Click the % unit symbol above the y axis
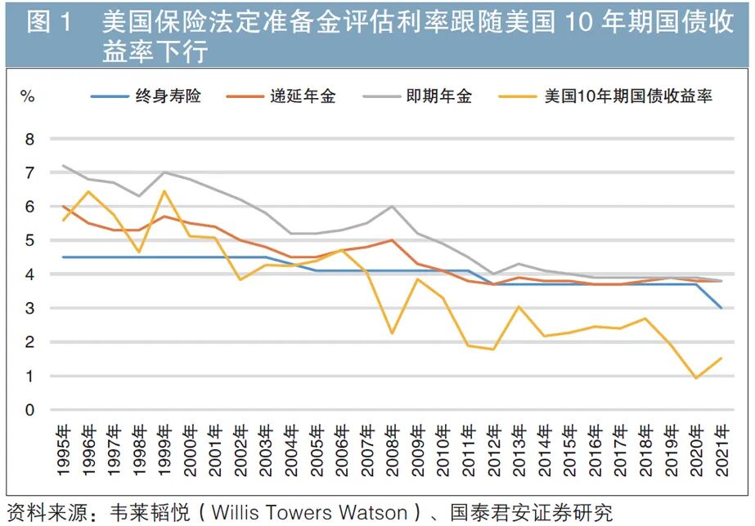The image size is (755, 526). (27, 96)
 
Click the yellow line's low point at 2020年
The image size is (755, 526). (696, 378)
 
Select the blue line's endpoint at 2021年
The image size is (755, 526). (721, 308)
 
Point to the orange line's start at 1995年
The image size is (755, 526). (62, 207)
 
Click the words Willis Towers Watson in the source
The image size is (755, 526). (310, 513)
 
